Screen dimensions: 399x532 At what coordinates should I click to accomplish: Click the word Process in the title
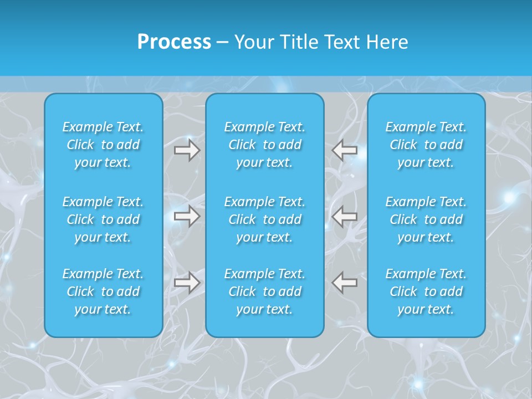click(174, 42)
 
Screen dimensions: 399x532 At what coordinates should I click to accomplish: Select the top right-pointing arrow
click(187, 150)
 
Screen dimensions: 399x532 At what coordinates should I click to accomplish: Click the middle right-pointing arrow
click(187, 216)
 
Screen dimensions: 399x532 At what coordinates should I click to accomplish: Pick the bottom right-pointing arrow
click(187, 283)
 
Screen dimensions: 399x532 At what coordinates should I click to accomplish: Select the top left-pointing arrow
click(344, 150)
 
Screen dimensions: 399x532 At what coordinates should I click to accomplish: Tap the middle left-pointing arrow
click(344, 216)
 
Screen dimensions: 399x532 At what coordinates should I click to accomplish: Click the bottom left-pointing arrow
click(344, 283)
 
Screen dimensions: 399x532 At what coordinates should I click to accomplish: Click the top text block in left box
click(103, 145)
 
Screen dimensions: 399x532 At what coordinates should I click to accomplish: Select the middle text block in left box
click(103, 219)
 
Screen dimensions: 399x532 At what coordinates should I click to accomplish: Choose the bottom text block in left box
click(103, 291)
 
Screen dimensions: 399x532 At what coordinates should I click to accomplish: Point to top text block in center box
click(264, 145)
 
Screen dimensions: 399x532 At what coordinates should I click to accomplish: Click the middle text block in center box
click(264, 219)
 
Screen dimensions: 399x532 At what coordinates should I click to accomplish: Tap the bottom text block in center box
click(264, 291)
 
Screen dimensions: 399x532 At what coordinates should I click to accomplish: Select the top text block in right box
click(426, 145)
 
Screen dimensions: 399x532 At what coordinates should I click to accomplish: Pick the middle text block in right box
click(426, 219)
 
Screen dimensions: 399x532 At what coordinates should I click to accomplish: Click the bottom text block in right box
click(426, 291)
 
